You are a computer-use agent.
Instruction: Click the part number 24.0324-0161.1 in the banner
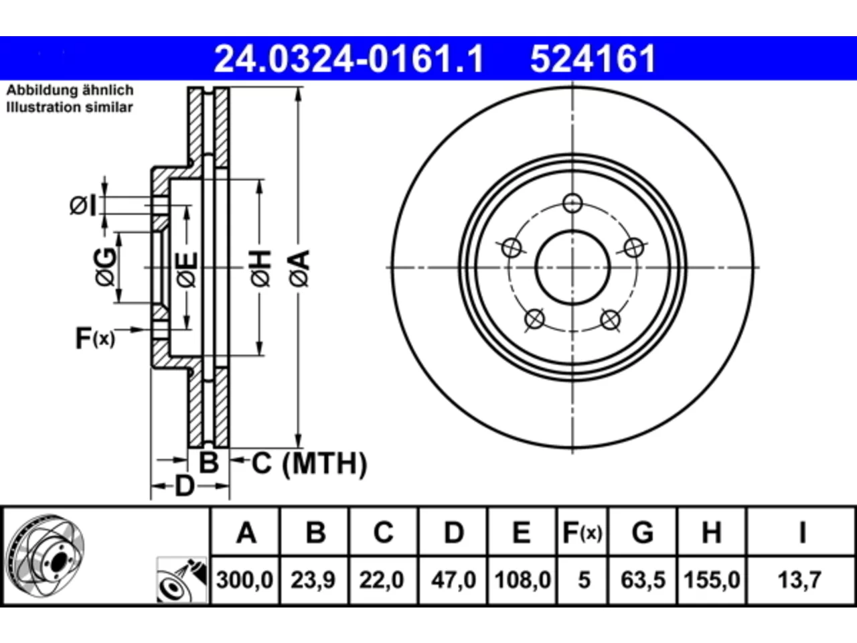349,59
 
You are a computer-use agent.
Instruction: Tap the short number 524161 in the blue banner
593,59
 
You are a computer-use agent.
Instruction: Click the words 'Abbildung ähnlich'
70,90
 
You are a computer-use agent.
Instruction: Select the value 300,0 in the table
245,580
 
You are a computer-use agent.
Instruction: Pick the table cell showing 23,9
313,580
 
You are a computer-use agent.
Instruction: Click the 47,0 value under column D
453,580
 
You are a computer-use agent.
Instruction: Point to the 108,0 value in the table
523,580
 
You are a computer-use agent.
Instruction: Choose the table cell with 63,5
643,580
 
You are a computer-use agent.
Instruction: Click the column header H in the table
711,532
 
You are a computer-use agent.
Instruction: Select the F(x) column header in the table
582,532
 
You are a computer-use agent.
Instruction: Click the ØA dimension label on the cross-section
299,269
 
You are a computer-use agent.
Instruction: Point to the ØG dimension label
105,267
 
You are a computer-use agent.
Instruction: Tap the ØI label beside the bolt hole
83,206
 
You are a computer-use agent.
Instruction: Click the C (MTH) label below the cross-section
309,463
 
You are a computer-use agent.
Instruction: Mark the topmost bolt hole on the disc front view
572,203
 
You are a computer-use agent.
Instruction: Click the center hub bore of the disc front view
572,267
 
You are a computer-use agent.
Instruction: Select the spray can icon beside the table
181,580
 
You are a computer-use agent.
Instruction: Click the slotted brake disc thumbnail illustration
45,557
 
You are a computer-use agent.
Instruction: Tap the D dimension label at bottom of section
184,486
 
